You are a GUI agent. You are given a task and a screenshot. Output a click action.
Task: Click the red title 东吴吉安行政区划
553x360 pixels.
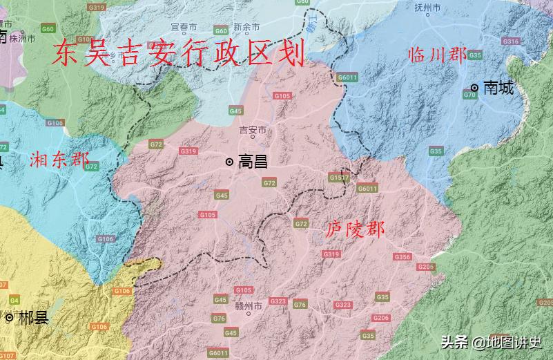[178, 53]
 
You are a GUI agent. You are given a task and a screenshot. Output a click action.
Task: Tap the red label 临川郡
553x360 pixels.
[437, 56]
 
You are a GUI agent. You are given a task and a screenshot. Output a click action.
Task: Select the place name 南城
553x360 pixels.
[498, 88]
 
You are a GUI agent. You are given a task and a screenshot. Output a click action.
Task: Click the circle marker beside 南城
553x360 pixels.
[475, 88]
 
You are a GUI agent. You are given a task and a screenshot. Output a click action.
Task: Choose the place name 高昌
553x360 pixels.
[252, 162]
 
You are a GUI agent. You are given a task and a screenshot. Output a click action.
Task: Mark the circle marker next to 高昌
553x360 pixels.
[229, 162]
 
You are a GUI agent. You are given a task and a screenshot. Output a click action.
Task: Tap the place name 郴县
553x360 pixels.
[33, 319]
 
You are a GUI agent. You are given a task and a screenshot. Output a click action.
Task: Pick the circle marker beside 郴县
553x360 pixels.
[9, 319]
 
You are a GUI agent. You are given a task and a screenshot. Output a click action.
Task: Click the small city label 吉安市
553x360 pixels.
[252, 131]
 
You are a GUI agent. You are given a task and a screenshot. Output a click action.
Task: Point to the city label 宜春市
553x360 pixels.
[184, 27]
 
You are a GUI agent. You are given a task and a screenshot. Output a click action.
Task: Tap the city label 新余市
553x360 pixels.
[246, 27]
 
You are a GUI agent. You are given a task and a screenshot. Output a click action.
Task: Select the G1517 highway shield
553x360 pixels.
[338, 178]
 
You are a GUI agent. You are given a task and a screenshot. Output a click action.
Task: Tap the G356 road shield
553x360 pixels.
[402, 257]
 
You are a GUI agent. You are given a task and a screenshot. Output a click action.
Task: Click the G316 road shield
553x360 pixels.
[511, 41]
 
